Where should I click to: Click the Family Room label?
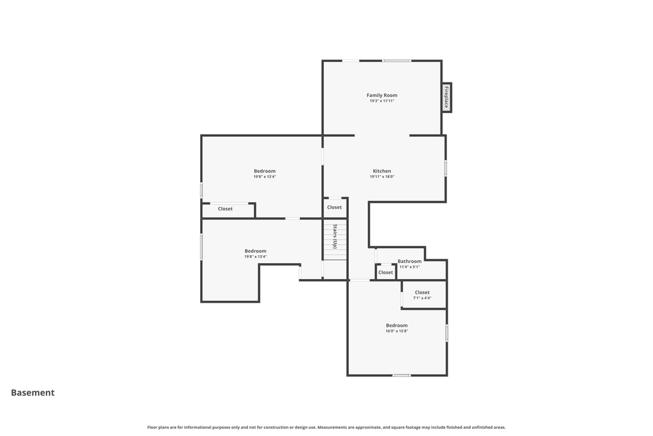(381, 95)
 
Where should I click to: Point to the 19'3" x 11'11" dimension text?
(381, 101)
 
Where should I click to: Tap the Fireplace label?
(446, 97)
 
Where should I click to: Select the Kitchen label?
(382, 171)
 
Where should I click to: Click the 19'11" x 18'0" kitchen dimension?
(382, 177)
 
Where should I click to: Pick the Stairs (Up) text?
(334, 236)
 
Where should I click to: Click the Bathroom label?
(409, 261)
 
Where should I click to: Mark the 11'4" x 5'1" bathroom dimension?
(409, 267)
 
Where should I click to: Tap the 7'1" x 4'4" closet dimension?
(422, 298)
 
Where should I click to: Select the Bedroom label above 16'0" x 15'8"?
(397, 326)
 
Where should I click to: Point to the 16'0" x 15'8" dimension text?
(397, 331)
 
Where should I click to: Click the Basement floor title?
(33, 393)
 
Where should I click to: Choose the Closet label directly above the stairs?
(334, 207)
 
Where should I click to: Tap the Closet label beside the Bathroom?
(386, 273)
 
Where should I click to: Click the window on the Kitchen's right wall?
(445, 168)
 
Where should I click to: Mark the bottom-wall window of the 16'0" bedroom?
(400, 375)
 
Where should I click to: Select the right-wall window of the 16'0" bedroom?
(446, 333)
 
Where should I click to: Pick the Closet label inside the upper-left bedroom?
(225, 209)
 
